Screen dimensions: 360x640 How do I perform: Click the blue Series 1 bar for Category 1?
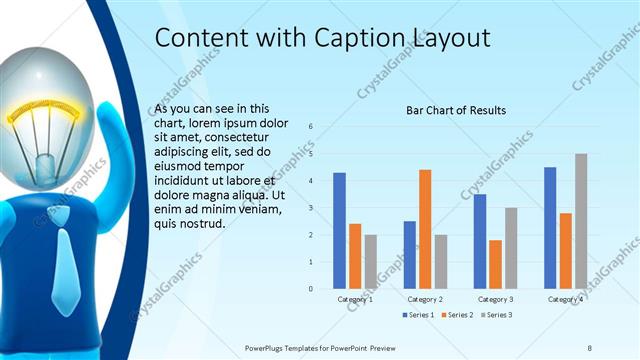[x=339, y=230]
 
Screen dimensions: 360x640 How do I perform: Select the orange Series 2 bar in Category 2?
[x=425, y=229]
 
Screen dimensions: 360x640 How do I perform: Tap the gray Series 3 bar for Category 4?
[x=581, y=221]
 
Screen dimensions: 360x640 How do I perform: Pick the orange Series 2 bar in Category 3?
[x=495, y=264]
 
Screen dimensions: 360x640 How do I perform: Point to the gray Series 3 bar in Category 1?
[x=371, y=261]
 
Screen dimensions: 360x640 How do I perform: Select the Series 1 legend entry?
[x=421, y=315]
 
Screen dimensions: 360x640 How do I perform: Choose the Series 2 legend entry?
[x=459, y=315]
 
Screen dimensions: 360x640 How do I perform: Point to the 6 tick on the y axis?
[x=311, y=126]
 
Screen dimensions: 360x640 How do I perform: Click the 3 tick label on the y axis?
[x=311, y=208]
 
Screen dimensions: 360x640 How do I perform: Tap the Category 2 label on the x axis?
[x=425, y=299]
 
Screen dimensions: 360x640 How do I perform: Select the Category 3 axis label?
[x=495, y=299]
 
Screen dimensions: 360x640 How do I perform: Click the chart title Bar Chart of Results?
[x=455, y=110]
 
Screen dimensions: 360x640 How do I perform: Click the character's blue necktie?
[x=62, y=256]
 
